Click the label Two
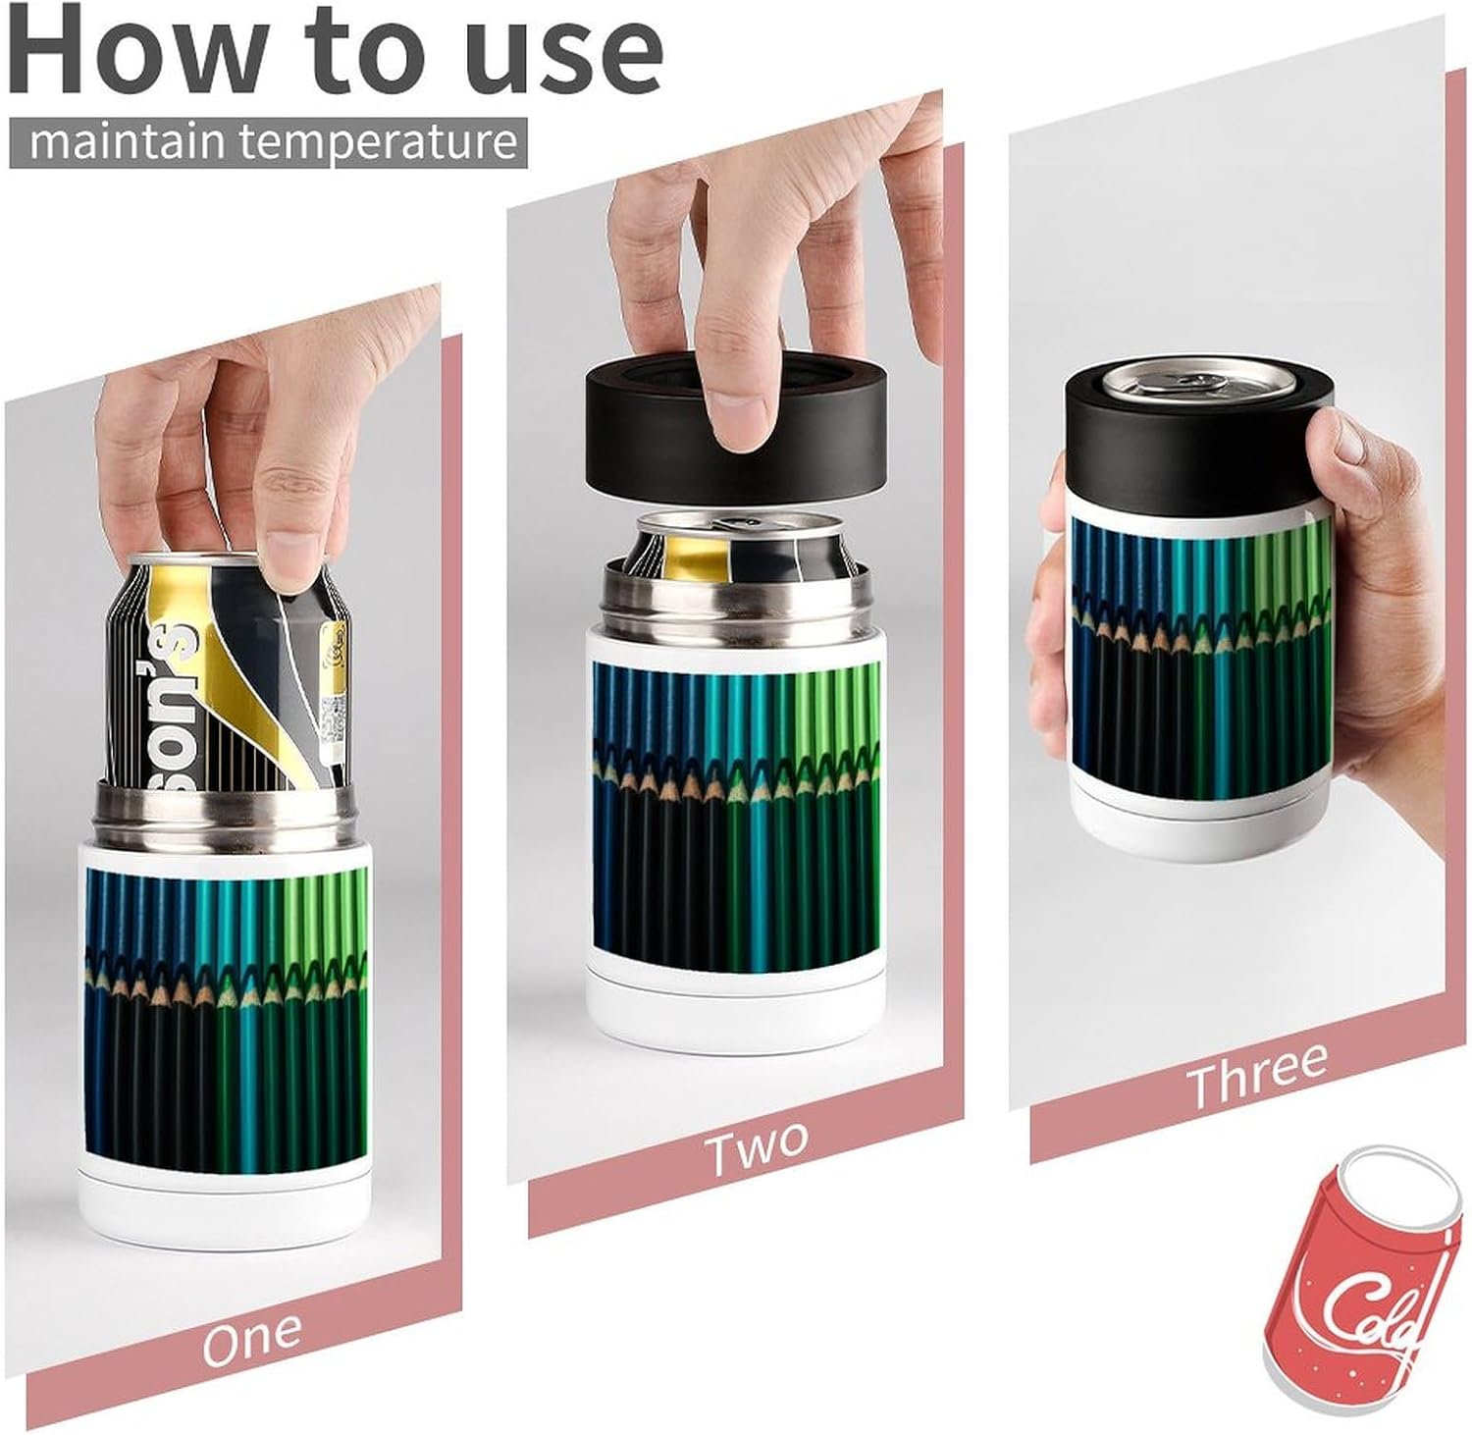[758, 1148]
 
